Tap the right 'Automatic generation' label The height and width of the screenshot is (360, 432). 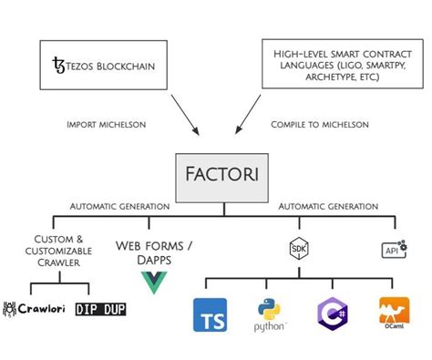(322, 207)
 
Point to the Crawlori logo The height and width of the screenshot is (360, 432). (36, 310)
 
